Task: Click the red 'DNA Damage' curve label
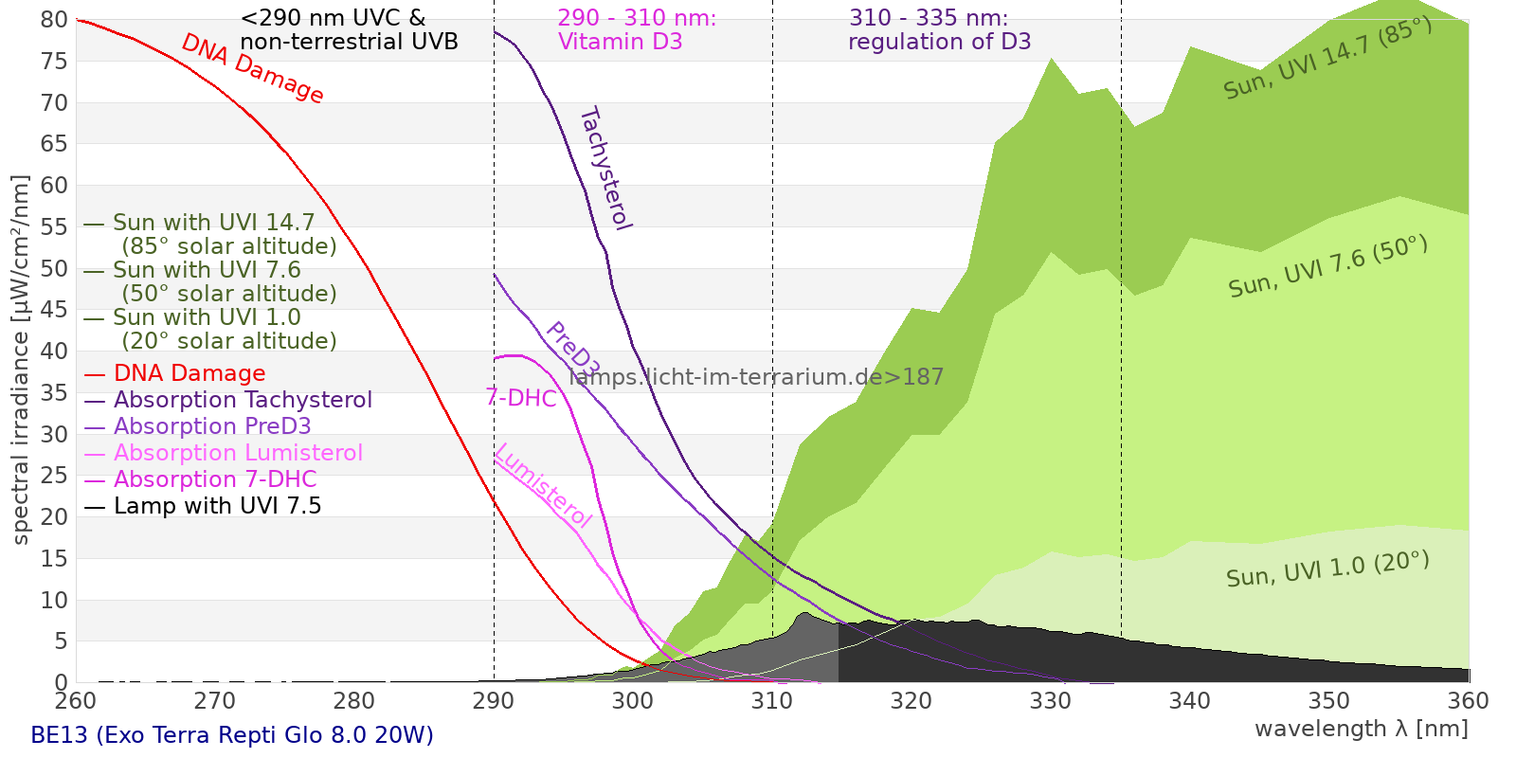tap(252, 68)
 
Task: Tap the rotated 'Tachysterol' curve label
tap(605, 169)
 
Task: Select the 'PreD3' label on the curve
tap(572, 350)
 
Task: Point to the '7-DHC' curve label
tap(521, 398)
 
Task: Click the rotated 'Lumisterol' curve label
tap(543, 485)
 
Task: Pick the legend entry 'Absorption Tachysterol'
tap(243, 400)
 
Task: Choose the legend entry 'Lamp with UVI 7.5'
tap(217, 506)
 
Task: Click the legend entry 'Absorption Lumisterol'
tap(238, 453)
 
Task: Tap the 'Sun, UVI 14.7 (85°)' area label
tap(1327, 58)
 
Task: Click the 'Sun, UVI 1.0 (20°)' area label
tap(1327, 569)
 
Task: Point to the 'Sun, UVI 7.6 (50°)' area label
tap(1327, 266)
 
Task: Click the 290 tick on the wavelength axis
tap(494, 701)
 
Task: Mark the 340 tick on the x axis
tap(1190, 701)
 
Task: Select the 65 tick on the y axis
tap(55, 144)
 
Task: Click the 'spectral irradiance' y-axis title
tap(21, 359)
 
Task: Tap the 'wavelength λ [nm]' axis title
tap(1362, 729)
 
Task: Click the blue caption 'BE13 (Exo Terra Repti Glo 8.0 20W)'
tap(232, 735)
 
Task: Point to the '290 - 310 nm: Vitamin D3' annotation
tap(637, 29)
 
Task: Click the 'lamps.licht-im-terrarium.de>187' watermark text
tap(756, 377)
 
